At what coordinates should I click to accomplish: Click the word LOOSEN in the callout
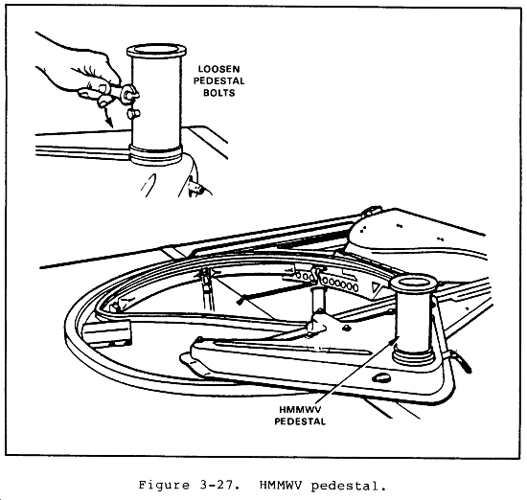218,69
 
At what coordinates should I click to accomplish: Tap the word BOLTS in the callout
218,93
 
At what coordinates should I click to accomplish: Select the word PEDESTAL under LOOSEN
218,81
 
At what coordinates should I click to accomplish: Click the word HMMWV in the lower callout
300,410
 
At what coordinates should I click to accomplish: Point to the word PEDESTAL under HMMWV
300,421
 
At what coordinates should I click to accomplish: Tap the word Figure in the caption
164,487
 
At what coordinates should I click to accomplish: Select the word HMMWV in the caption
281,486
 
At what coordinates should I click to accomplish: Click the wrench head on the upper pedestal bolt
129,93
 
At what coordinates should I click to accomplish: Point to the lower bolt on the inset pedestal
132,114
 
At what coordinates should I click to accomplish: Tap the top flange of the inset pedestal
156,51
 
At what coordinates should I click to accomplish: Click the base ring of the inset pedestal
155,155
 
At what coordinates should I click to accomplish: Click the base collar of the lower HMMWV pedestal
412,355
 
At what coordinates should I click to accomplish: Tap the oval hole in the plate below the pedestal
381,378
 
